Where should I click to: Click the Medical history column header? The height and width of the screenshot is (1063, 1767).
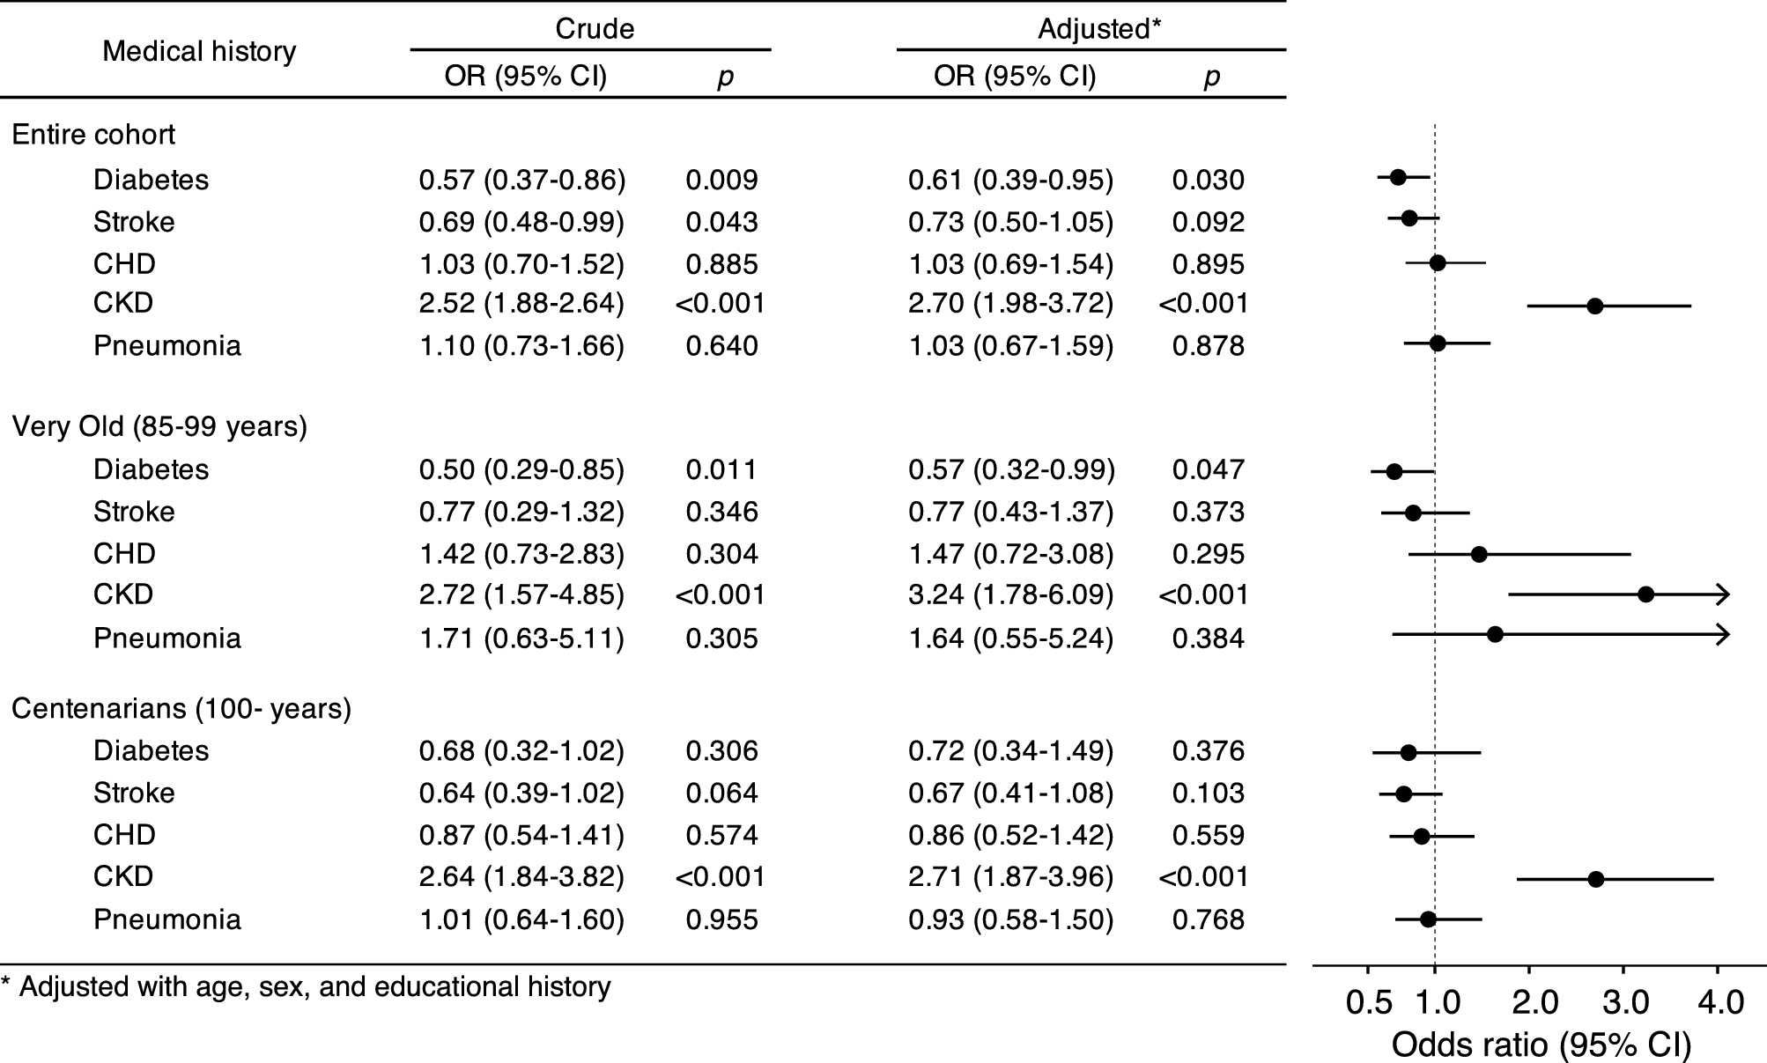[x=199, y=51]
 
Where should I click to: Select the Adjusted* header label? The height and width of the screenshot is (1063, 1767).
[x=1098, y=29]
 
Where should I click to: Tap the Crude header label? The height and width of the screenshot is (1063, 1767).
[x=595, y=29]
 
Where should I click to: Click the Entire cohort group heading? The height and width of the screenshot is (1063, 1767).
[x=93, y=135]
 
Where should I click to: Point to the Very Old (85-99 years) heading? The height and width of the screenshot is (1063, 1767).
[x=159, y=427]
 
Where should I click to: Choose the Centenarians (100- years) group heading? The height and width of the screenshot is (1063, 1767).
[x=181, y=709]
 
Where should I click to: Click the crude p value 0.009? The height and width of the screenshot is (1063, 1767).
[x=721, y=180]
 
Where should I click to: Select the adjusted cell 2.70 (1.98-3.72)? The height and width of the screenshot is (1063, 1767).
[x=1010, y=303]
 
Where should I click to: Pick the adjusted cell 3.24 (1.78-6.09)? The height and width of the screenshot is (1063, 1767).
[x=1010, y=594]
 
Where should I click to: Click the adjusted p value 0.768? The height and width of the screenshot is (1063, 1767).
[x=1208, y=919]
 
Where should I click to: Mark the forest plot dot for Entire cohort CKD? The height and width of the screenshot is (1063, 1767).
[x=1594, y=306]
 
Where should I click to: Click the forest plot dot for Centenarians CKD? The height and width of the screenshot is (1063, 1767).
[x=1595, y=879]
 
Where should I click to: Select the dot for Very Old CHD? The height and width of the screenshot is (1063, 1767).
[x=1479, y=554]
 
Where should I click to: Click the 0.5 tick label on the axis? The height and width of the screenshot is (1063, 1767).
[x=1369, y=1003]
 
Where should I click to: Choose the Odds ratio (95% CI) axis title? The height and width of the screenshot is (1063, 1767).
[x=1541, y=1045]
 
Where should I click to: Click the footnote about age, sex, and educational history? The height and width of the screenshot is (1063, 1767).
[x=306, y=986]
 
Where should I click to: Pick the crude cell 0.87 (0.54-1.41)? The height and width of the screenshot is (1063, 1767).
[x=521, y=835]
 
